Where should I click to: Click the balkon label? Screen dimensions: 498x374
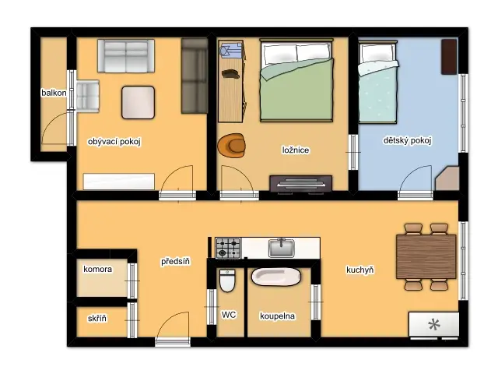coord(54,93)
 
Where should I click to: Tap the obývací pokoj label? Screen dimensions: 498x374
coord(114,142)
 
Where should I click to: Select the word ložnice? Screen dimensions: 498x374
coord(296,150)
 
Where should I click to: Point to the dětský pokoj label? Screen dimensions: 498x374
coord(407,140)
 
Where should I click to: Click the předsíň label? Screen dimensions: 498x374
coord(176,262)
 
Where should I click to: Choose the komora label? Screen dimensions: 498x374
coord(98,269)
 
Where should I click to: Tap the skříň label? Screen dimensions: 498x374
coord(97,318)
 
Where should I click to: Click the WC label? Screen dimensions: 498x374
coord(229,315)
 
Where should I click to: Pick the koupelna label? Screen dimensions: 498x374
coord(278,316)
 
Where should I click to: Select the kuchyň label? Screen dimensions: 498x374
coord(360,270)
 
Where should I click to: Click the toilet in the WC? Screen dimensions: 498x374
coord(227,280)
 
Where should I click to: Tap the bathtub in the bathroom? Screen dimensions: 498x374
coord(276,277)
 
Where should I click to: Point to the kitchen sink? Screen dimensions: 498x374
coord(282,248)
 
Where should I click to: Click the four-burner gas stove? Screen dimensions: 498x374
coord(228,248)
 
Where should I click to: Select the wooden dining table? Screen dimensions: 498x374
coord(426,256)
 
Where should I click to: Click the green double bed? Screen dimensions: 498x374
coord(296,80)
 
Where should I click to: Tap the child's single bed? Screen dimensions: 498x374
coord(378,82)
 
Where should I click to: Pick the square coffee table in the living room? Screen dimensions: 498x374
coord(139,102)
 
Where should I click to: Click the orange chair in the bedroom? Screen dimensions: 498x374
coord(232,145)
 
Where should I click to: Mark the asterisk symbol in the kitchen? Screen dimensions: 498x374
coord(434,325)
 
